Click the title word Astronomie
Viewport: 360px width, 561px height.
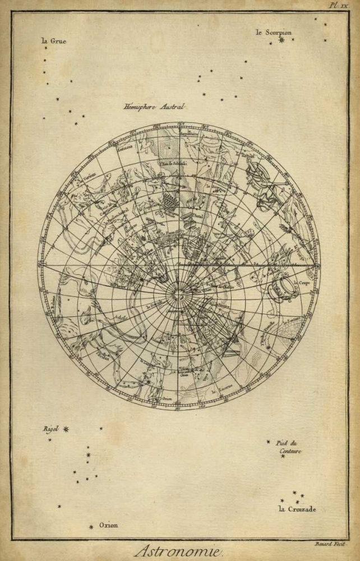179,551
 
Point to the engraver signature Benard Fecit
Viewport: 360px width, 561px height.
330,544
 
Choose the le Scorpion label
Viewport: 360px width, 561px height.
274,33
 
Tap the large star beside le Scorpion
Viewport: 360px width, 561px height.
282,40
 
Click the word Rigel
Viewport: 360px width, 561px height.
51,429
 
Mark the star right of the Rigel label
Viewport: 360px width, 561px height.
66,429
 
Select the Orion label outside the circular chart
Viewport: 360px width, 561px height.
109,525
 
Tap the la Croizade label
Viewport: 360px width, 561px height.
297,509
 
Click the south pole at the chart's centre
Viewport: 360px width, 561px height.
179,292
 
